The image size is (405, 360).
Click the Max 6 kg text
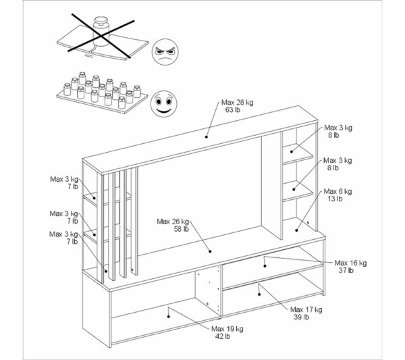pyautogui.click(x=337, y=191)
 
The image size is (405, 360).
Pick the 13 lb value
pyautogui.click(x=335, y=199)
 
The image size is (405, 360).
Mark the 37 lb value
pyautogui.click(x=345, y=270)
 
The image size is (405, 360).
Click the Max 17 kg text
pyautogui.click(x=305, y=309)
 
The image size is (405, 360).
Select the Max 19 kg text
pyautogui.click(x=226, y=328)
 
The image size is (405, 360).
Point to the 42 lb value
pyautogui.click(x=221, y=336)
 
